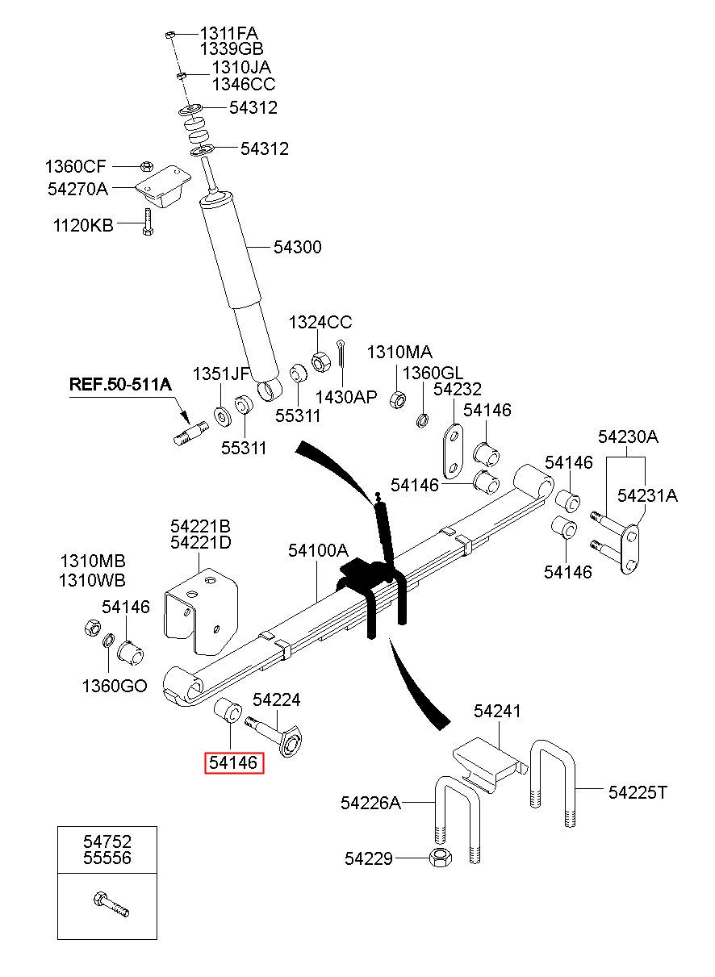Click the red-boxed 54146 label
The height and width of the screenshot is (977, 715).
coord(234,762)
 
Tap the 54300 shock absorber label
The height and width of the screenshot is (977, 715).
coord(298,248)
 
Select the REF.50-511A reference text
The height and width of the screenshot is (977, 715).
coord(120,384)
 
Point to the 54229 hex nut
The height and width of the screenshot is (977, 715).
coord(441,858)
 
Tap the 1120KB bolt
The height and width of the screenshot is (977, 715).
coord(148,222)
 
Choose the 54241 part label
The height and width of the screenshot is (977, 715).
coord(497,712)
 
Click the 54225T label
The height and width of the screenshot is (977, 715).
coord(638,792)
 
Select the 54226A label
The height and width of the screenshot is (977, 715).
coord(370,803)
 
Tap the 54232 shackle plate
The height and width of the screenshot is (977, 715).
coord(454,452)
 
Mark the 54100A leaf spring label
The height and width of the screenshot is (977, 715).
coord(318,550)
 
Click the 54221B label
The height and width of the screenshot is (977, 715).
coord(200,526)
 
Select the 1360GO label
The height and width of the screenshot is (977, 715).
coord(115,686)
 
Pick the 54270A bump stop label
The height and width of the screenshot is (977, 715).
coord(77,189)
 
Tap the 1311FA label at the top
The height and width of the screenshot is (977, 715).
coord(228,33)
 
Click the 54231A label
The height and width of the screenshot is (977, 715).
coord(647,495)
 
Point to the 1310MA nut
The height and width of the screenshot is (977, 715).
coord(397,399)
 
